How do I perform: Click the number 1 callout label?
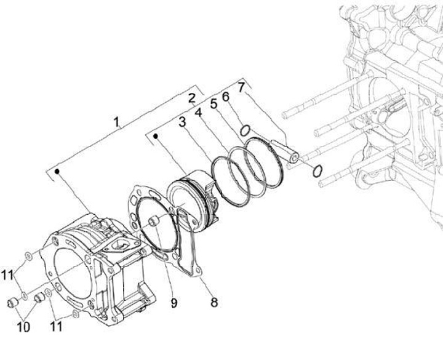tap(116, 122)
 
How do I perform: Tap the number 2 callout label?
tap(192, 97)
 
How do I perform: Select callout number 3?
tap(183, 122)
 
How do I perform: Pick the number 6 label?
tap(226, 97)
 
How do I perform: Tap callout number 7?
tap(241, 88)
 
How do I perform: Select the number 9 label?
tap(174, 302)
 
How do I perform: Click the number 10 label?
tap(23, 326)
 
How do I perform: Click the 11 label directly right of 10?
tap(55, 326)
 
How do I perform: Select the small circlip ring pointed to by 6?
tap(244, 130)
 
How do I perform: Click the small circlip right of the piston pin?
tap(317, 171)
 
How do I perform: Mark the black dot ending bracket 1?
tap(57, 173)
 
